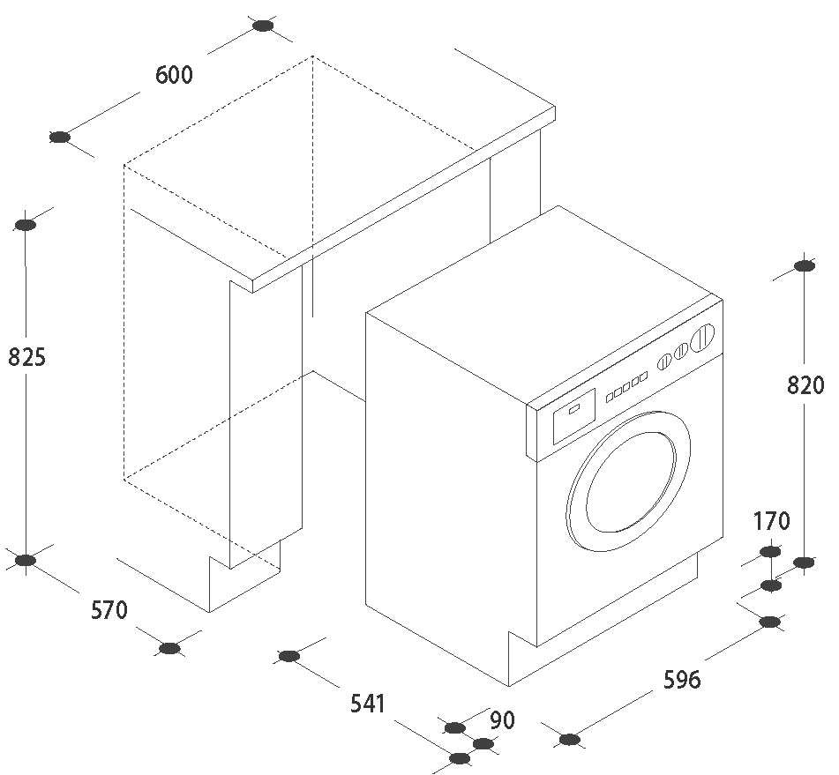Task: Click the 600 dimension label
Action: pyautogui.click(x=174, y=74)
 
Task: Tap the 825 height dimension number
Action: pyautogui.click(x=26, y=357)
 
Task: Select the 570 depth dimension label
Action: pyautogui.click(x=109, y=610)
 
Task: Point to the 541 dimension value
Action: pyautogui.click(x=368, y=704)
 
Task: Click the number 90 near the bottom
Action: pyautogui.click(x=503, y=720)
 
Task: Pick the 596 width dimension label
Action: pyautogui.click(x=682, y=679)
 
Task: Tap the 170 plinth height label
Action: pyautogui.click(x=771, y=520)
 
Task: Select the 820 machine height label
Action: pyautogui.click(x=805, y=384)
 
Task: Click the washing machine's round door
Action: pyautogui.click(x=627, y=481)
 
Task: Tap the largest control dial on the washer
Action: pyautogui.click(x=702, y=338)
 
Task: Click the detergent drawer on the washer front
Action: pyautogui.click(x=574, y=416)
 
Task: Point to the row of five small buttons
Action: pyautogui.click(x=626, y=387)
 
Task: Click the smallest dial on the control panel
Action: pyautogui.click(x=664, y=361)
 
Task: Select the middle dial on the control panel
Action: pyautogui.click(x=680, y=352)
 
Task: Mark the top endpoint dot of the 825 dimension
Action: pyautogui.click(x=26, y=225)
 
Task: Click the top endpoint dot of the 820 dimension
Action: pyautogui.click(x=804, y=265)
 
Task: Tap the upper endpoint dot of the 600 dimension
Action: pyautogui.click(x=263, y=26)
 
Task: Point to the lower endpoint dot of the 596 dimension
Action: pyautogui.click(x=570, y=740)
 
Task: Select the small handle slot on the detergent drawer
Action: pyautogui.click(x=573, y=410)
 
